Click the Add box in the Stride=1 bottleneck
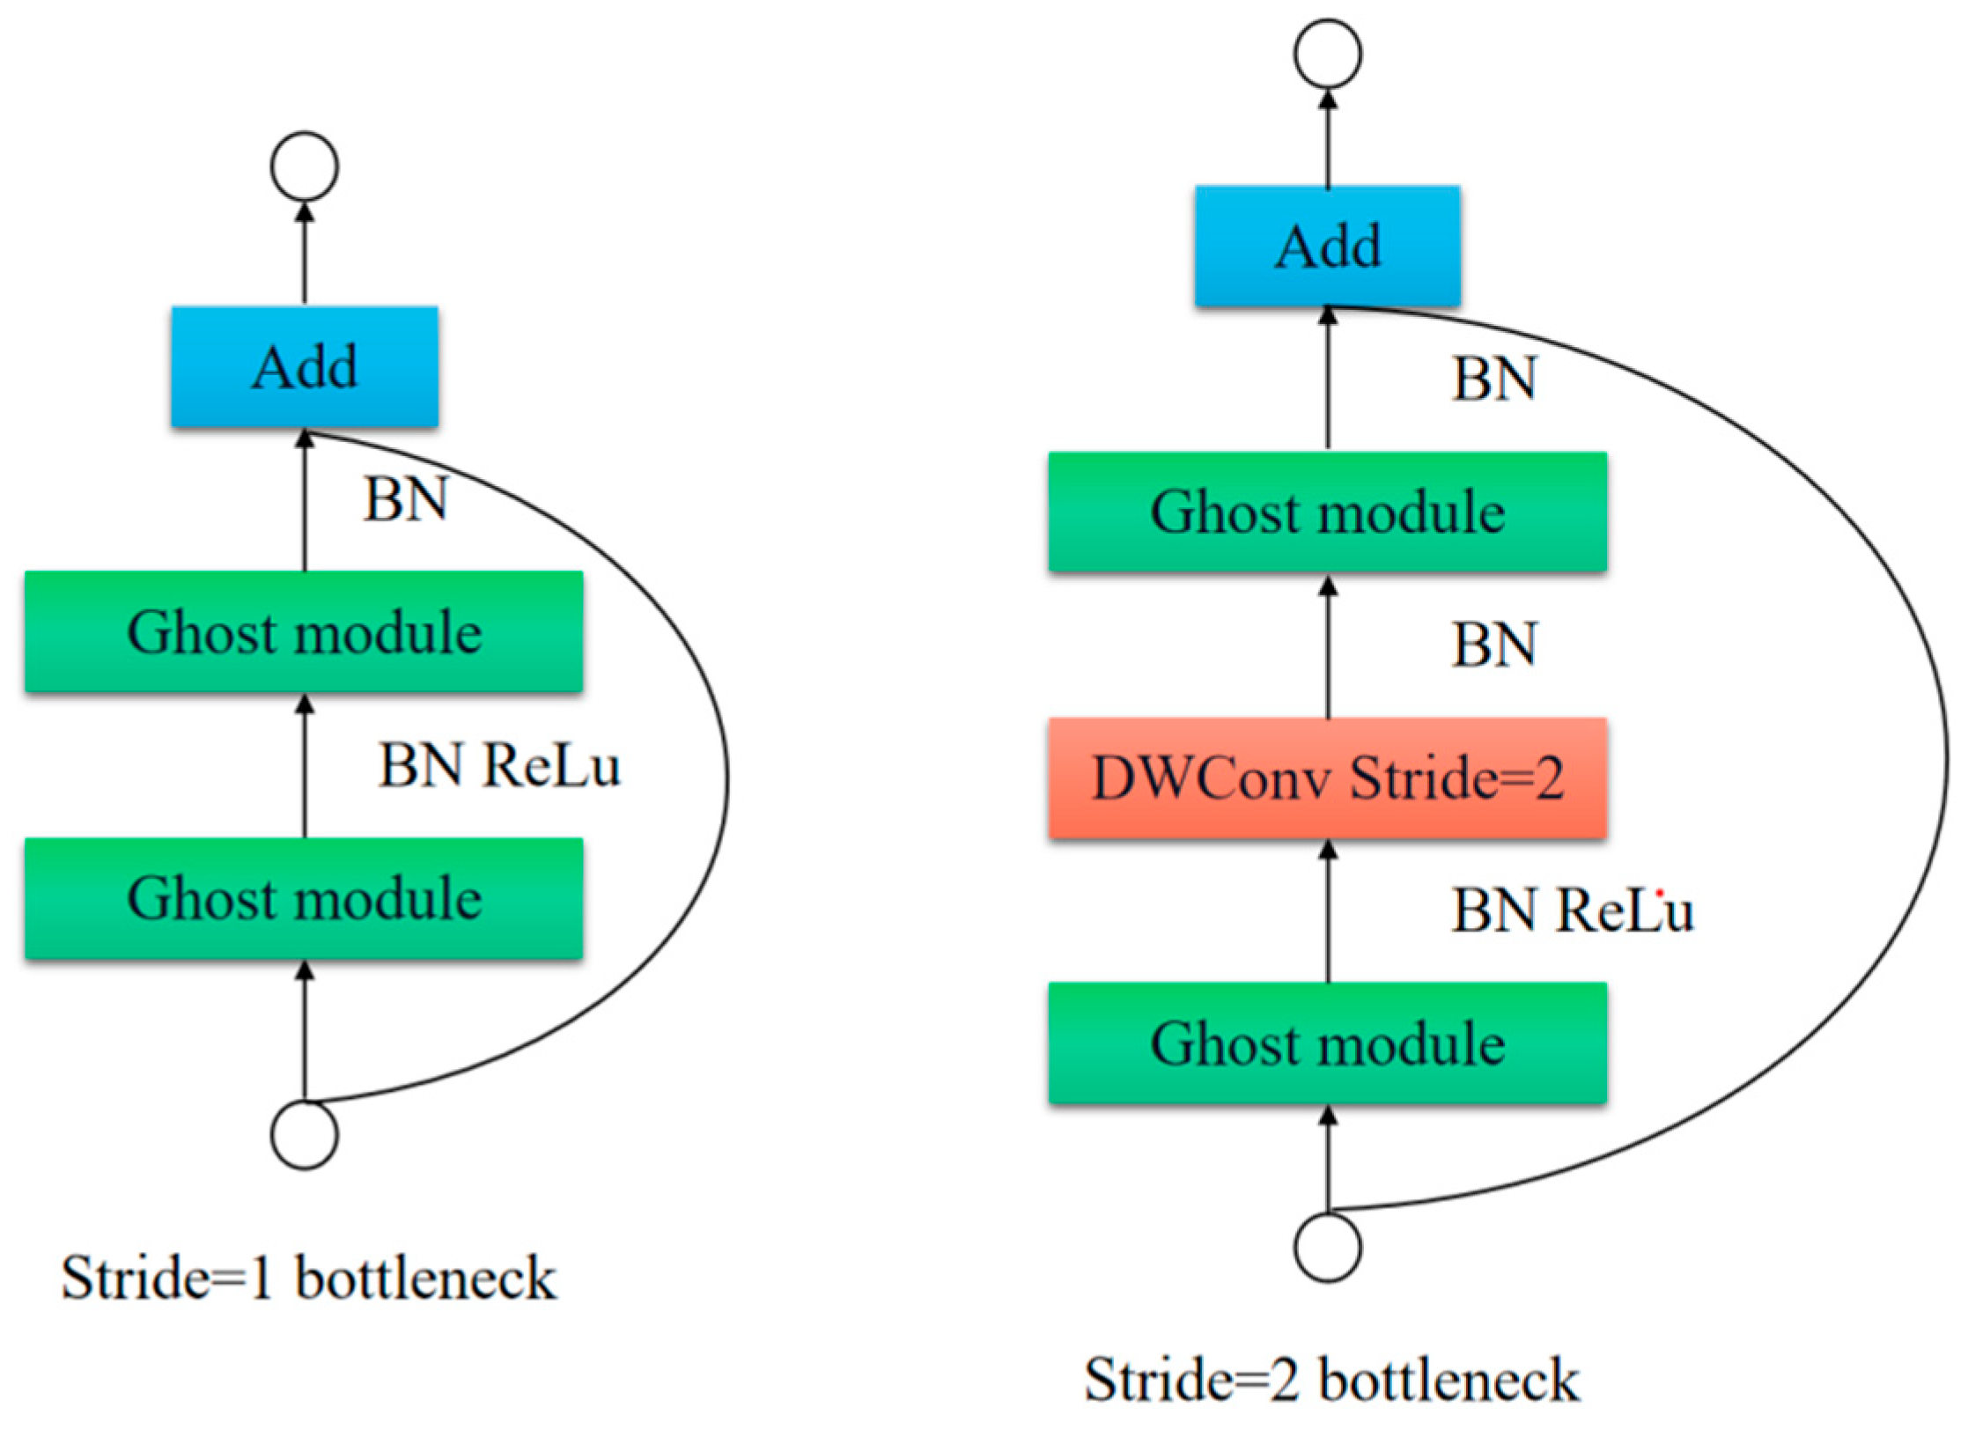[x=305, y=367]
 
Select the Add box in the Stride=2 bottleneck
[x=1328, y=246]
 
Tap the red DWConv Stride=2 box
[x=1328, y=778]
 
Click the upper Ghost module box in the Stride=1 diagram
[x=304, y=631]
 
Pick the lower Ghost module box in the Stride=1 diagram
[x=304, y=898]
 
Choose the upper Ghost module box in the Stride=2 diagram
[x=1328, y=512]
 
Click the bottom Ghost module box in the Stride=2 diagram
[x=1328, y=1043]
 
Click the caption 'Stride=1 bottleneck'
[x=308, y=1279]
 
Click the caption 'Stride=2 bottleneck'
[x=1331, y=1379]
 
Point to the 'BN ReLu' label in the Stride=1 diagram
[x=499, y=765]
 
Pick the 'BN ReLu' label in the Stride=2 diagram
[x=1573, y=910]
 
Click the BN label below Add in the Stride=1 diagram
[x=406, y=499]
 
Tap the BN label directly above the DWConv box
[x=1494, y=644]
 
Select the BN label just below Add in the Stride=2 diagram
[x=1494, y=379]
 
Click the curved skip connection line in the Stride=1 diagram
[x=727, y=775]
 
